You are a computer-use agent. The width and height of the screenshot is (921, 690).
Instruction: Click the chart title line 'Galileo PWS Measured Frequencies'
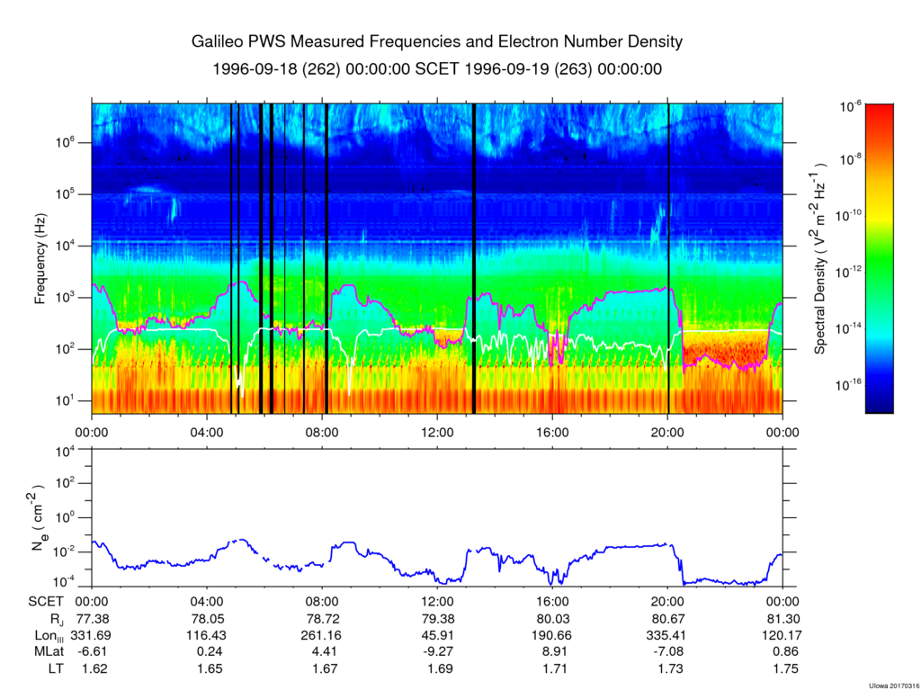pos(437,42)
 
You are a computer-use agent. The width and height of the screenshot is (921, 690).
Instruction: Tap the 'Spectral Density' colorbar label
pos(820,259)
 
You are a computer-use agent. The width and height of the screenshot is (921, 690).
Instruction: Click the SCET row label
pos(45,601)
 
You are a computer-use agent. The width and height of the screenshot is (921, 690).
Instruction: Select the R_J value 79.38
pos(437,618)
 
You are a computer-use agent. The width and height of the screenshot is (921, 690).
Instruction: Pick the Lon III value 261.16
pos(322,635)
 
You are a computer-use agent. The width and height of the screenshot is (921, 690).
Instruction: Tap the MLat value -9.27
pos(437,652)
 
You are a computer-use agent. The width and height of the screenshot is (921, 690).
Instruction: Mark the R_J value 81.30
pos(782,618)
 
